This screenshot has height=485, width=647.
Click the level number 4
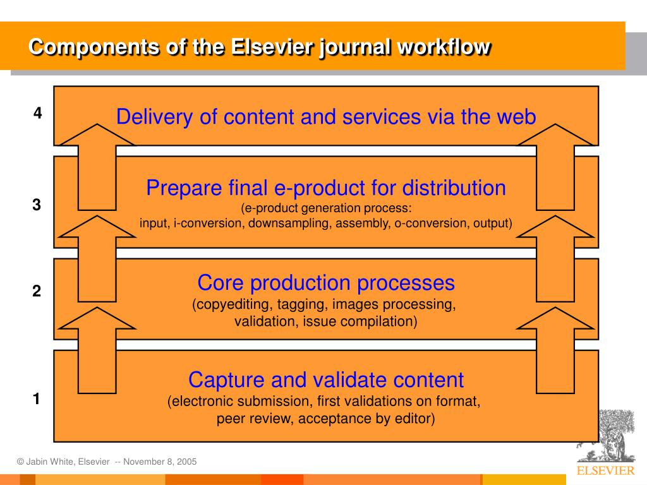click(37, 112)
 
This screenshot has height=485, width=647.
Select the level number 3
click(37, 205)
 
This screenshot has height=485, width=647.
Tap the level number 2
click(37, 291)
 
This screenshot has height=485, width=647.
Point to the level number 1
click(37, 399)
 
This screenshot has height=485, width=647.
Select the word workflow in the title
click(444, 47)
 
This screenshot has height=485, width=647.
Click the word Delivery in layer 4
click(154, 117)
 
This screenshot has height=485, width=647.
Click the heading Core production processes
click(326, 283)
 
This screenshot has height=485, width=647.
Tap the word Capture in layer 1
click(226, 380)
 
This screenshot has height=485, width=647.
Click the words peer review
click(253, 419)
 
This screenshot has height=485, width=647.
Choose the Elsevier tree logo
click(607, 436)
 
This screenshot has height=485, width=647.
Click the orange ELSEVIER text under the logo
click(606, 470)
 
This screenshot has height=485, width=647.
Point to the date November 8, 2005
click(160, 462)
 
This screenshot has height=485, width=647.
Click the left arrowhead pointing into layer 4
click(97, 135)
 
